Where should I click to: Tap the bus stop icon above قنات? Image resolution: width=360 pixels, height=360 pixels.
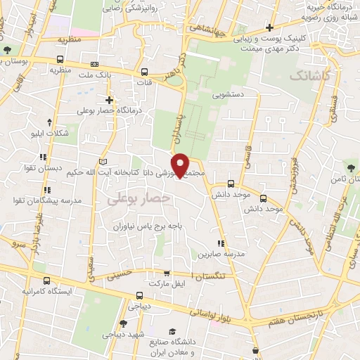point(144,72)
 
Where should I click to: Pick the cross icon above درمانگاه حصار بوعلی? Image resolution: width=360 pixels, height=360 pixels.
point(109,99)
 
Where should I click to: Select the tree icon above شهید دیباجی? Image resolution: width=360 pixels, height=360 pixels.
point(123,324)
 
